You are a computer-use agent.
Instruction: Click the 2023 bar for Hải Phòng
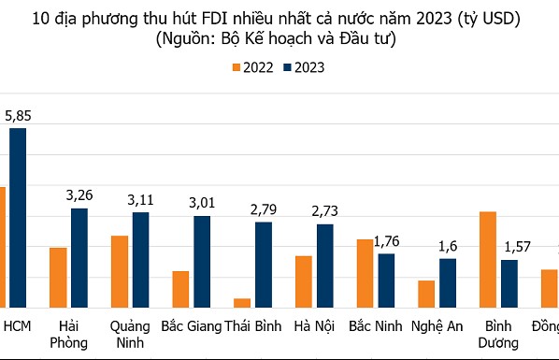coord(79,257)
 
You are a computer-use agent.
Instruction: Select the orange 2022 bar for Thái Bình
coord(242,302)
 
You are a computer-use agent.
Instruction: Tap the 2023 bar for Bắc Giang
coord(202,261)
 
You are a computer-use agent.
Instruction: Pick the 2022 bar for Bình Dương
coord(487,259)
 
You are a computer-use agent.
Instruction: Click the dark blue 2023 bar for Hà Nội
coord(324,265)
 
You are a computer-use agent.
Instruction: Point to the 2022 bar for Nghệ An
coord(425,293)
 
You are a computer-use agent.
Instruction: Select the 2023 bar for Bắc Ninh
coord(385,280)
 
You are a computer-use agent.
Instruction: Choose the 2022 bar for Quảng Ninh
coord(119,270)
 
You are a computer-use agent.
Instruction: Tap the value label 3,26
coord(79,195)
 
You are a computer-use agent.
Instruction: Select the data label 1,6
coord(447,245)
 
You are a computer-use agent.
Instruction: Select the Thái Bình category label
coord(251,325)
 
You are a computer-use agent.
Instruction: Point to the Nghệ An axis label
coord(437,325)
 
